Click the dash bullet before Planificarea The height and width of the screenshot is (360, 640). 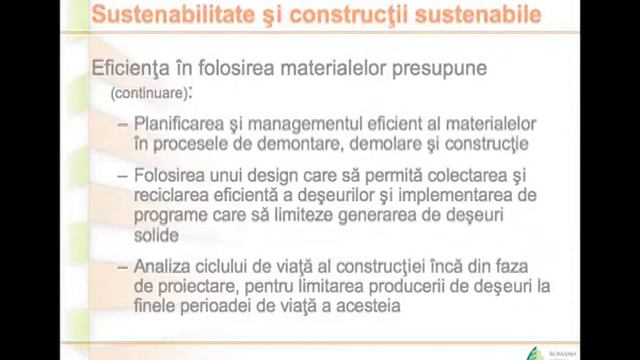coord(122,124)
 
